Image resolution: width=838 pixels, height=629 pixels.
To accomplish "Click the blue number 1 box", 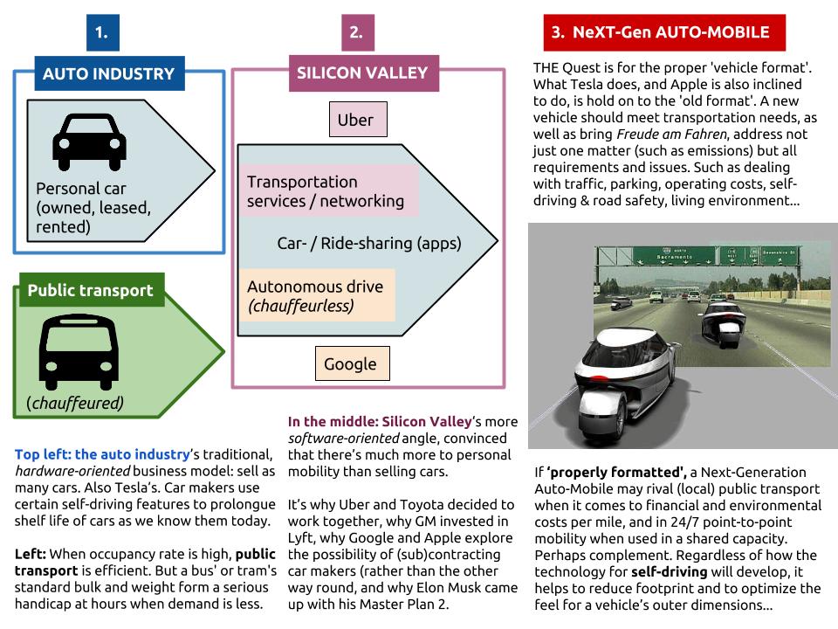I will (102, 33).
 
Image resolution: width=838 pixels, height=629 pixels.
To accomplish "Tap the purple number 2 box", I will (356, 33).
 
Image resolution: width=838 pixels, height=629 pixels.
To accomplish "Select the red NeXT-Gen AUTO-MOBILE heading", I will (664, 33).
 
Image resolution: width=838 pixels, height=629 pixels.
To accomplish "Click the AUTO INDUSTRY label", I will (109, 73).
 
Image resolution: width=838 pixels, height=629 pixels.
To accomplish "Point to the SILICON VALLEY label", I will (362, 73).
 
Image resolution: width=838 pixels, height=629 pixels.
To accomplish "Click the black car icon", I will (90, 141).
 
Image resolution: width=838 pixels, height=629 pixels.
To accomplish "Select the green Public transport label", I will (91, 290).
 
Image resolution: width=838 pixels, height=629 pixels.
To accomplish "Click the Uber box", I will (355, 120).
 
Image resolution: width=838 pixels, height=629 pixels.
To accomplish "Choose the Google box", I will (351, 364).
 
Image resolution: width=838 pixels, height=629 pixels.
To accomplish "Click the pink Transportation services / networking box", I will (326, 191).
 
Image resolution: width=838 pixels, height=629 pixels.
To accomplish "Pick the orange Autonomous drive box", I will (315, 295).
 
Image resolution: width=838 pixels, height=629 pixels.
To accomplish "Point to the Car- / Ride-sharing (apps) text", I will (369, 244).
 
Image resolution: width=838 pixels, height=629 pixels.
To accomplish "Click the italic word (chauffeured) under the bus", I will (75, 403).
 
